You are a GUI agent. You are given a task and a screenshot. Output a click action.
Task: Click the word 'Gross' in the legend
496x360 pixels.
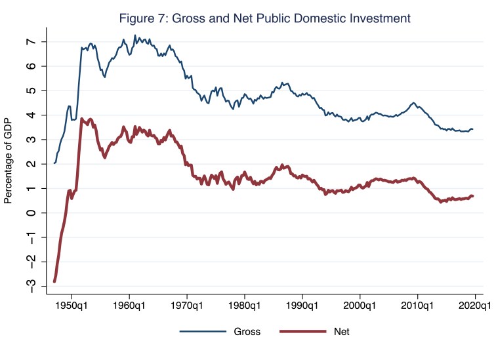tap(247, 332)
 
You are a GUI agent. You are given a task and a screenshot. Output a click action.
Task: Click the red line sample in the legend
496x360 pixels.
tap(304, 332)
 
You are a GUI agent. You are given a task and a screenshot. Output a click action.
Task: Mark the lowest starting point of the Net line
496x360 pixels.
tap(54, 281)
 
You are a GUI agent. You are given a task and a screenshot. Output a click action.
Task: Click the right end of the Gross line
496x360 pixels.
tap(473, 130)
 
